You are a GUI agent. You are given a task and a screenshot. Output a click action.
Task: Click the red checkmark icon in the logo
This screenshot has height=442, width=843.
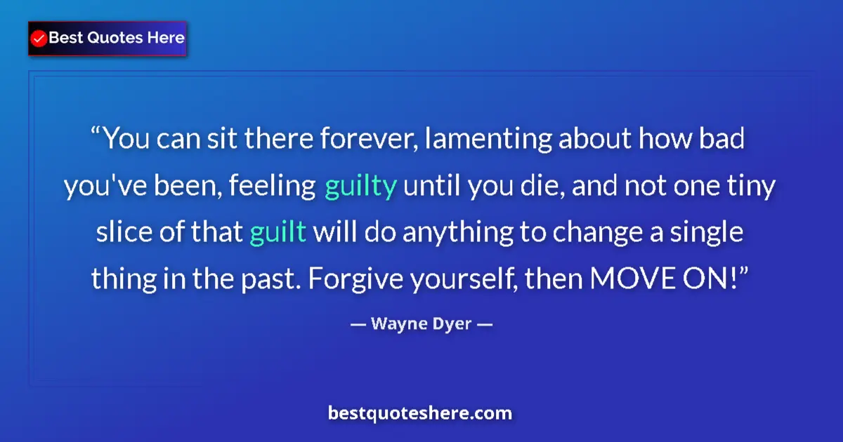point(39,39)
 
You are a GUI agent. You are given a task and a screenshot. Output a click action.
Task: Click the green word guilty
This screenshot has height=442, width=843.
point(361,187)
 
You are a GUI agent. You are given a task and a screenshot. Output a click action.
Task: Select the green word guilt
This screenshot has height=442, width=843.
point(277,233)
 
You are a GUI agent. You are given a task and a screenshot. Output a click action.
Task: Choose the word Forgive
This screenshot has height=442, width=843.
point(343,279)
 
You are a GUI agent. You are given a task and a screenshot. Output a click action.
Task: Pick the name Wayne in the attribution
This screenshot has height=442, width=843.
point(394,324)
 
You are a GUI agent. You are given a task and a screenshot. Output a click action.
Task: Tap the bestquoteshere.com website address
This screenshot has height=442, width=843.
point(420,413)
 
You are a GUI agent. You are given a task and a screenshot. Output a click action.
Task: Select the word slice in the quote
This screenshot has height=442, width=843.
point(119,233)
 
